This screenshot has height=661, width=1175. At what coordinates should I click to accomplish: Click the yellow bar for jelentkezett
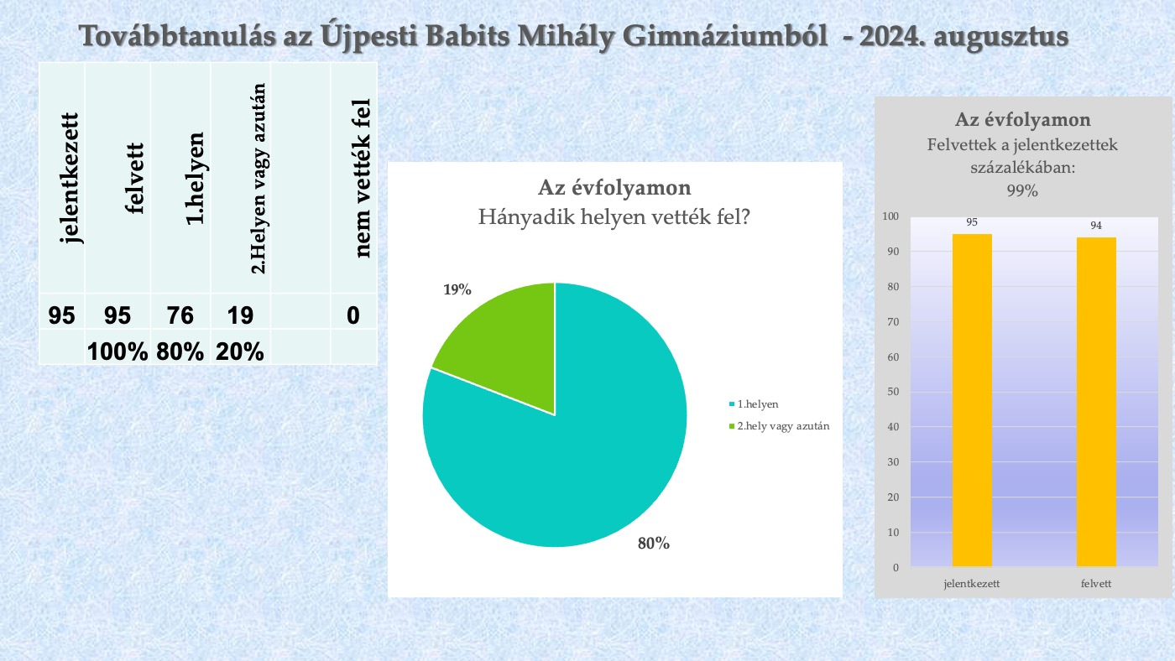point(972,400)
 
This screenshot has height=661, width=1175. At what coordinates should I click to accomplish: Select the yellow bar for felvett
point(1096,402)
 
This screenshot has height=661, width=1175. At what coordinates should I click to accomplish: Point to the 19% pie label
point(457,289)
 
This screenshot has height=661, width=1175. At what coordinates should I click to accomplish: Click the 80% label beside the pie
point(654,544)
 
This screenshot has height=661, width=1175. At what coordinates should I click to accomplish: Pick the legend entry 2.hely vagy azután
point(780,426)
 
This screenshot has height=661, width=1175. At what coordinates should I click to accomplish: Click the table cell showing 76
point(180,315)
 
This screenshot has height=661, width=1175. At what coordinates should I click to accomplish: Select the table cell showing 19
point(240,315)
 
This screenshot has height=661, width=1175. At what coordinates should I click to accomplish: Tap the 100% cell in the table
point(117,351)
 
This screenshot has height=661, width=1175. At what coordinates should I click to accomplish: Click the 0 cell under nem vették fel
point(353,315)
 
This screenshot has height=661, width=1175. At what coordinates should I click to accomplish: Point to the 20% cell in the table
point(240,351)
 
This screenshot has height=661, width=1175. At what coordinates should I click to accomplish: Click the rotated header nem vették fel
point(362,178)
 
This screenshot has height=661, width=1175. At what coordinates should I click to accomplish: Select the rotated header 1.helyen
point(195,179)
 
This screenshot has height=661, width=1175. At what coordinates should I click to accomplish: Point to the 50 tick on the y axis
point(893,392)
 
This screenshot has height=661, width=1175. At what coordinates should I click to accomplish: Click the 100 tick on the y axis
point(890,216)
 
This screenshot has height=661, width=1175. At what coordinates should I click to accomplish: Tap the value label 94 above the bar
point(1096,226)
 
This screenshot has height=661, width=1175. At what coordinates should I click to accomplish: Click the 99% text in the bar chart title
point(1022,190)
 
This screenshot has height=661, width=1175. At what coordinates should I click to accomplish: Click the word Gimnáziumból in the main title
point(725,38)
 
